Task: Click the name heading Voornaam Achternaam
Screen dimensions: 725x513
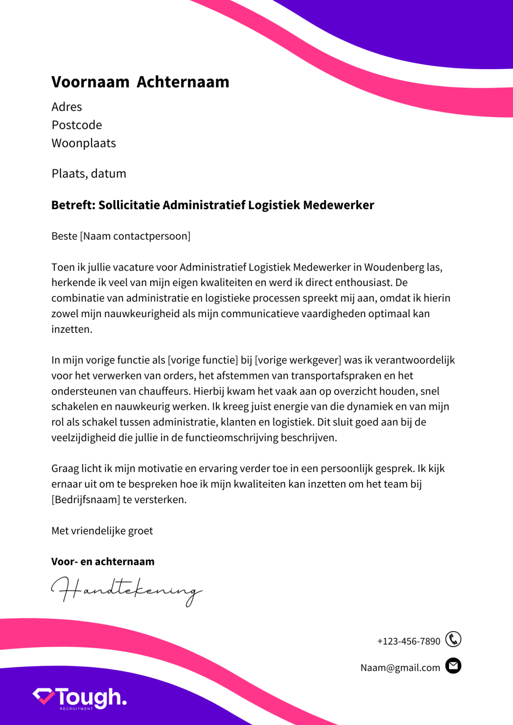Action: pyautogui.click(x=140, y=82)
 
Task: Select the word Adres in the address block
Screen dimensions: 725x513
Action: pyautogui.click(x=67, y=107)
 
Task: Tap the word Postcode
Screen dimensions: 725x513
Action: pyautogui.click(x=77, y=125)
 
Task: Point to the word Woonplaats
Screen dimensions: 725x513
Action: pyautogui.click(x=84, y=143)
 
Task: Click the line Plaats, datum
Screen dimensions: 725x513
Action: pyautogui.click(x=89, y=174)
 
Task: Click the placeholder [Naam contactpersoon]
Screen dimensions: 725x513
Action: pyautogui.click(x=136, y=236)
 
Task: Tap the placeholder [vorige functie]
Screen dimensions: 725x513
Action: pyautogui.click(x=203, y=360)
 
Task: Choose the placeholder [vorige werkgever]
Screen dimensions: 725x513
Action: pyautogui.click(x=298, y=360)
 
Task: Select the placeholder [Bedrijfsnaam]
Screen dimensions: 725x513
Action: pyautogui.click(x=85, y=500)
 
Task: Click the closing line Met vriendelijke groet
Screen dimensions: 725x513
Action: pyautogui.click(x=102, y=531)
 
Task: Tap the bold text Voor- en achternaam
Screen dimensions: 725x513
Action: pyautogui.click(x=103, y=562)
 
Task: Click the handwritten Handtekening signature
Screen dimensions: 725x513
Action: pyautogui.click(x=126, y=590)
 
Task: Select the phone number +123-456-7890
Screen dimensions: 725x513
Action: pyautogui.click(x=409, y=641)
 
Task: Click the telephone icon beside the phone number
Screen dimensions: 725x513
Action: pyautogui.click(x=453, y=640)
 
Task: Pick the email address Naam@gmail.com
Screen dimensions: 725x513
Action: pyautogui.click(x=400, y=668)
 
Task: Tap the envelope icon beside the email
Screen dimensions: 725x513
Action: pyautogui.click(x=453, y=666)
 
